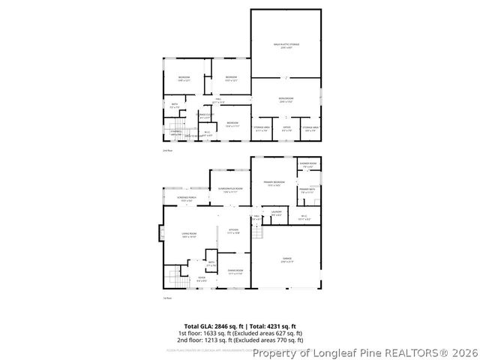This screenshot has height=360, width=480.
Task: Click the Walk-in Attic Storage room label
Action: [286, 45]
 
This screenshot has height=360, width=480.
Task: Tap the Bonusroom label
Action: [286, 99]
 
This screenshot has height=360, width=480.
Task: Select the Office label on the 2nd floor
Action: [286, 127]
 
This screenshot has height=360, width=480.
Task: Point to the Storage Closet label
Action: [205, 115]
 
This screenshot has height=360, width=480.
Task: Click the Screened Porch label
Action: [187, 199]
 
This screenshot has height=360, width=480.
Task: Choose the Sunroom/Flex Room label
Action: [229, 190]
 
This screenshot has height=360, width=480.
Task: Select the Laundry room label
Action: [276, 213]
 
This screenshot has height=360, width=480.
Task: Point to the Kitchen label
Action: [233, 230]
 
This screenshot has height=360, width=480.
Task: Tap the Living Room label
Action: [188, 235]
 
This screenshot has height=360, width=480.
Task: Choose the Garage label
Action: [286, 259]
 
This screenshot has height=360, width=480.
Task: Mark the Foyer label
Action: [202, 279]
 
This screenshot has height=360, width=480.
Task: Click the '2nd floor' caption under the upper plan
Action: [167, 151]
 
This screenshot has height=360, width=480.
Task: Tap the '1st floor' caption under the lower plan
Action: [167, 298]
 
